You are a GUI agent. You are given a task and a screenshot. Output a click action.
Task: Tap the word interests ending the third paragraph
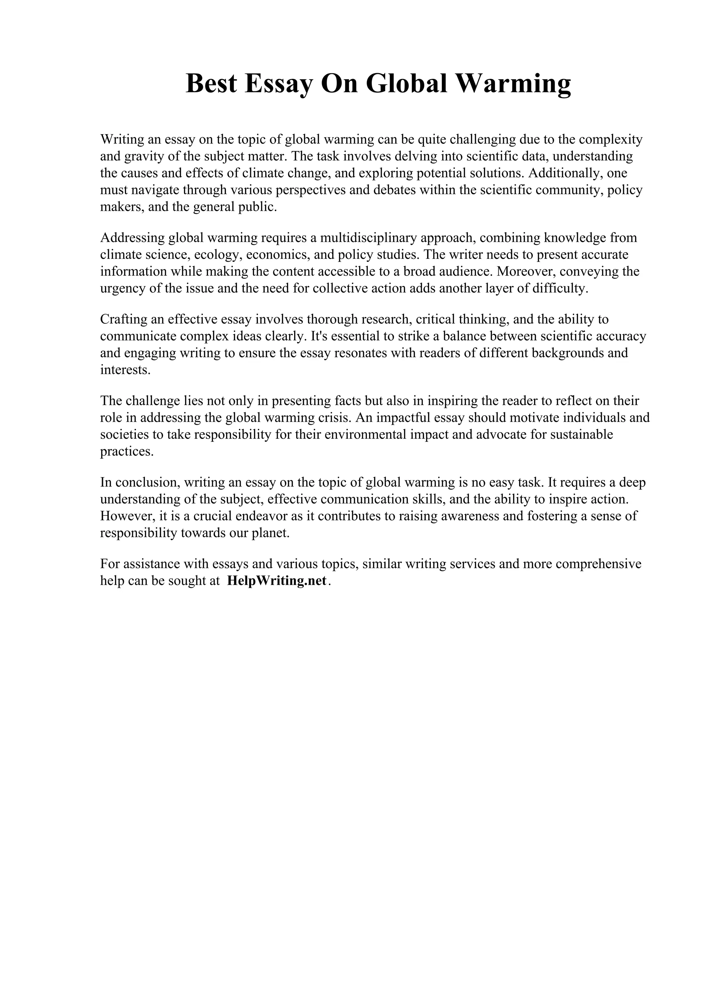coord(125,370)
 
